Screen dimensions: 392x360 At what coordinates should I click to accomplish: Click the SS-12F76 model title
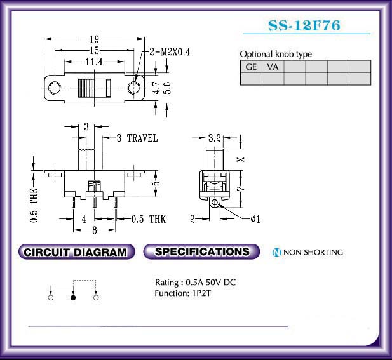click(x=304, y=25)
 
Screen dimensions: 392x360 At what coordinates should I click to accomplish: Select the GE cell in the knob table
click(x=251, y=67)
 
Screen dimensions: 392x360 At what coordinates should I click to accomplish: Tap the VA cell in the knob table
click(x=273, y=67)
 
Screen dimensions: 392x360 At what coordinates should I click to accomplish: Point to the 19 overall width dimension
click(x=95, y=39)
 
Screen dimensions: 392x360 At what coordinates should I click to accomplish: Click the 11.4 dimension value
click(x=94, y=62)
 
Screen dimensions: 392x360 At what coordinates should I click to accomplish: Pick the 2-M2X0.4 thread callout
click(x=170, y=52)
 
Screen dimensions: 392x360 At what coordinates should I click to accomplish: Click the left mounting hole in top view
click(x=55, y=88)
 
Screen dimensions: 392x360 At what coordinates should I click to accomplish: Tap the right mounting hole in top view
click(x=134, y=88)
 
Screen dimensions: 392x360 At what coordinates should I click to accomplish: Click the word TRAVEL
click(x=142, y=138)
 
